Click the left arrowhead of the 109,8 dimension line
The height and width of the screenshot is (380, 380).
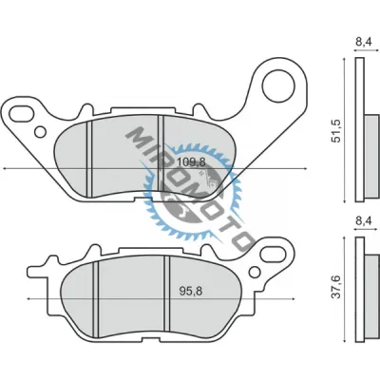[x=7, y=169]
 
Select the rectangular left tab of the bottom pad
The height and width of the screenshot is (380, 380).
[x=40, y=261]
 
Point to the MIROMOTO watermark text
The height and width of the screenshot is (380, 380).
[x=190, y=176]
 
